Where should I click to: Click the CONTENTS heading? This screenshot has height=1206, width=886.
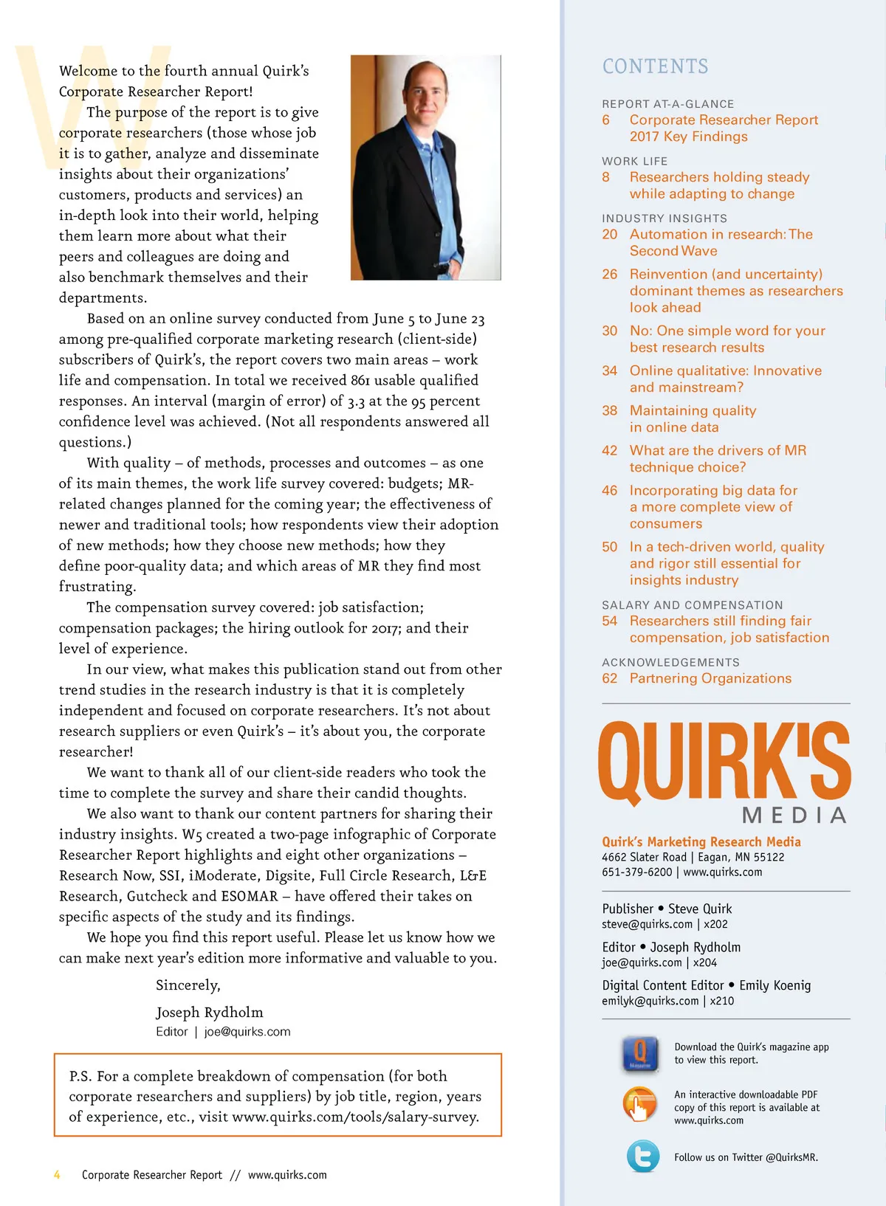pos(655,66)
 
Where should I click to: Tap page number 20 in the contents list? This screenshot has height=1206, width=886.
pos(609,235)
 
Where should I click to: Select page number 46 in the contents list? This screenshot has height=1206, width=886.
pos(609,491)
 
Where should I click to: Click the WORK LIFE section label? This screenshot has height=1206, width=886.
pos(634,161)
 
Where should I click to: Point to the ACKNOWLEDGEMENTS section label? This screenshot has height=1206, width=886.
pos(670,662)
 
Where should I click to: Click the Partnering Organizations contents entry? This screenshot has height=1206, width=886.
pos(710,678)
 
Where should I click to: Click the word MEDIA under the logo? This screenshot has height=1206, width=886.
pos(794,816)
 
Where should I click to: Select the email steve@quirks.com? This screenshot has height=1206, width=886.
pos(647,924)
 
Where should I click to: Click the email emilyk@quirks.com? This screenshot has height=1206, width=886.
pos(650,1001)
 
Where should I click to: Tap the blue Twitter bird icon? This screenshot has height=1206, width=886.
pos(642,1157)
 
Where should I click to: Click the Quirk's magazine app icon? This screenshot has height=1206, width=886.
pos(640,1053)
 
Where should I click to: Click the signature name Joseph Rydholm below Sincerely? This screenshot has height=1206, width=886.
pos(209,1012)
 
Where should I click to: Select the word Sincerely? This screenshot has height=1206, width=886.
pos(188,985)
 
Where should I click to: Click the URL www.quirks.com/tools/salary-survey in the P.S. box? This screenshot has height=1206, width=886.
pos(355,1117)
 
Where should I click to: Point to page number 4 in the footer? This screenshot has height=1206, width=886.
pos(57,1174)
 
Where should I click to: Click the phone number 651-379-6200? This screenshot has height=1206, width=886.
pos(636,872)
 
